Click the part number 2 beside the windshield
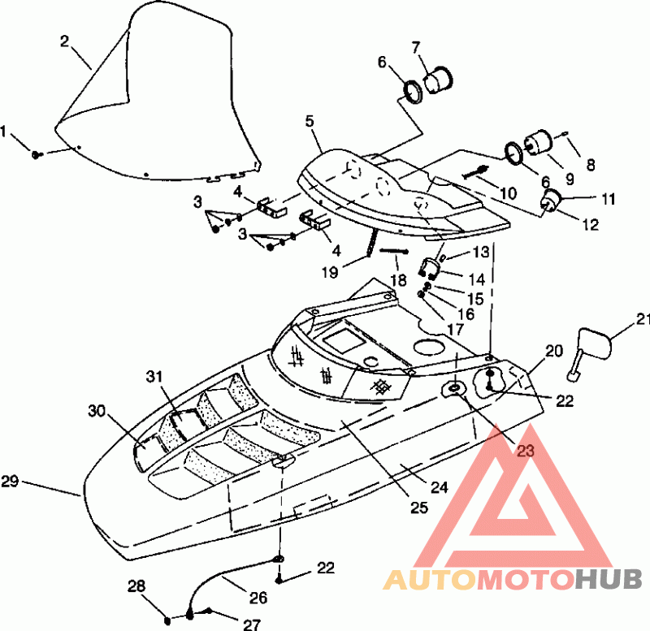[x=64, y=41]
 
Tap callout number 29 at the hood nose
[x=10, y=482]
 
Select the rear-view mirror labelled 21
[x=589, y=354]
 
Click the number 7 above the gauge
[x=416, y=48]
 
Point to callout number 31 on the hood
[x=154, y=377]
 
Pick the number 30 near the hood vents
[x=97, y=411]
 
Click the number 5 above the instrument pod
[x=310, y=121]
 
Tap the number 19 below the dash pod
[x=330, y=272]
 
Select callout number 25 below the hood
[x=418, y=508]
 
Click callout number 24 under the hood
[x=440, y=487]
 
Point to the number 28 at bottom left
[x=136, y=586]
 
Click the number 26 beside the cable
[x=258, y=598]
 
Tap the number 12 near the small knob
[x=591, y=225]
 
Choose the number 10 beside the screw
[x=509, y=193]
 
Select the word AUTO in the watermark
[x=429, y=579]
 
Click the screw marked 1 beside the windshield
[x=37, y=155]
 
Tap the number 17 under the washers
[x=455, y=330]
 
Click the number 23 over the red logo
[x=526, y=451]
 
